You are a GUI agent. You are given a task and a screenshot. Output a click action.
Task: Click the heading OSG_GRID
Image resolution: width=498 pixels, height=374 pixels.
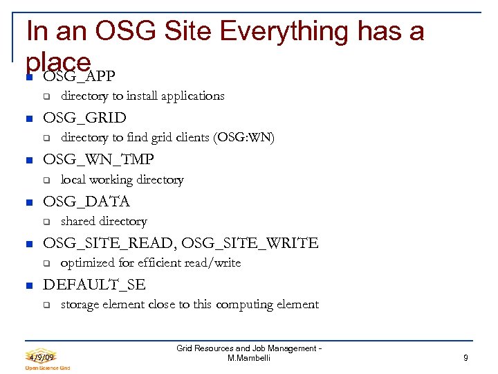tap(84, 118)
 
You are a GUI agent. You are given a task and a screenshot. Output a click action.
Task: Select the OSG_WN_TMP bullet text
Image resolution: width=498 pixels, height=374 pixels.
tap(98, 159)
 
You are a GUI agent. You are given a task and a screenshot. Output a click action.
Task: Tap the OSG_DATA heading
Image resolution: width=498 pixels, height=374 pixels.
tap(86, 202)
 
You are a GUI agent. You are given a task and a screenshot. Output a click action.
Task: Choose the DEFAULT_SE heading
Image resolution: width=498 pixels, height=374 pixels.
tap(95, 285)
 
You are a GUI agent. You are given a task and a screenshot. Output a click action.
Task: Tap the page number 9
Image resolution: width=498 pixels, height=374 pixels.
tap(466, 358)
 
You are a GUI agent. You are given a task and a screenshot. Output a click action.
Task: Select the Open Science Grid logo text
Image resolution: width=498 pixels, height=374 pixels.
tap(48, 368)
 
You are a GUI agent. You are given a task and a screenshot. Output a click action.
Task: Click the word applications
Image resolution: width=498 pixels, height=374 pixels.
tap(191, 96)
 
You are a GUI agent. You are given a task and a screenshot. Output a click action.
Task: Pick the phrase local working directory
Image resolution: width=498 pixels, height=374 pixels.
tap(122, 180)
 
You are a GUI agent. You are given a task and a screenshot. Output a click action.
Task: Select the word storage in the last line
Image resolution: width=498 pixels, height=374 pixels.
tap(81, 305)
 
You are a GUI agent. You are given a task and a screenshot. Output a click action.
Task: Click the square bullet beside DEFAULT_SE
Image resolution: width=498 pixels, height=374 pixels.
tap(28, 285)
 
